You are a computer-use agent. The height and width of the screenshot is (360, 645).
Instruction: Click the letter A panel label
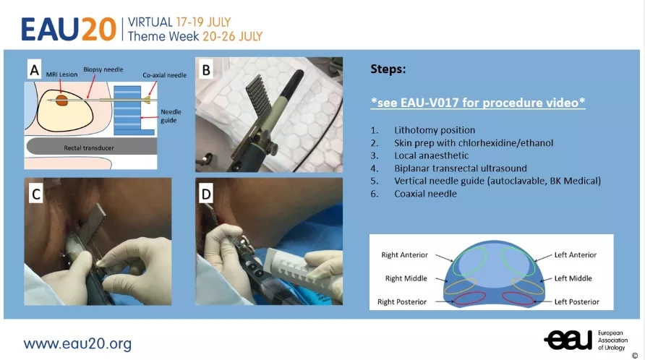[35, 69]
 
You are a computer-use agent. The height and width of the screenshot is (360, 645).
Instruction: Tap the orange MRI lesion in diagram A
[61, 100]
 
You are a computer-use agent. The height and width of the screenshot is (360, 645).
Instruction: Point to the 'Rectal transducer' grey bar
[91, 147]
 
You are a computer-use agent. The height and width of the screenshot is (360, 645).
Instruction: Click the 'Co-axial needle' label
[165, 75]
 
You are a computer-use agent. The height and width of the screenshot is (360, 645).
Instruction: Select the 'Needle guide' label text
[171, 116]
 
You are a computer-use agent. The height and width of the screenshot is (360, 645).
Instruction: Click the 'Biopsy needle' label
[103, 69]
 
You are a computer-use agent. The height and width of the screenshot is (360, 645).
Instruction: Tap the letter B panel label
[206, 69]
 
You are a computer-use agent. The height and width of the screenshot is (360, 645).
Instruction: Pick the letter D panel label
[206, 194]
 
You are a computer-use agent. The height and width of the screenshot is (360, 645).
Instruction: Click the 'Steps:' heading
[388, 69]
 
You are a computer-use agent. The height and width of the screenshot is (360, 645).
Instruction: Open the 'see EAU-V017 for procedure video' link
[477, 103]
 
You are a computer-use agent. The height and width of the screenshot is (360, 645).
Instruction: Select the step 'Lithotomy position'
[435, 130]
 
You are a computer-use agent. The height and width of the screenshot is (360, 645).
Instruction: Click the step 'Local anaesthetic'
[431, 155]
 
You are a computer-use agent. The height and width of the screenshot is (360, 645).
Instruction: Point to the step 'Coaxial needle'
[425, 193]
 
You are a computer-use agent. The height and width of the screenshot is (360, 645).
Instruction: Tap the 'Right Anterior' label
[404, 254]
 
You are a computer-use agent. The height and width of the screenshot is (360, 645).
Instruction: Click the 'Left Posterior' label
[577, 301]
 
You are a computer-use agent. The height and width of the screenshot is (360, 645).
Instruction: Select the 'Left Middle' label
[573, 278]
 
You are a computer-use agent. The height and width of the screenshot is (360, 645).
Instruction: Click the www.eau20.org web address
[77, 343]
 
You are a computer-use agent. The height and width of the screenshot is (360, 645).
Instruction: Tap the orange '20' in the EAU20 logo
[99, 29]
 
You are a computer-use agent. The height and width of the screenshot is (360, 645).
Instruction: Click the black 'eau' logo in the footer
[568, 340]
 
